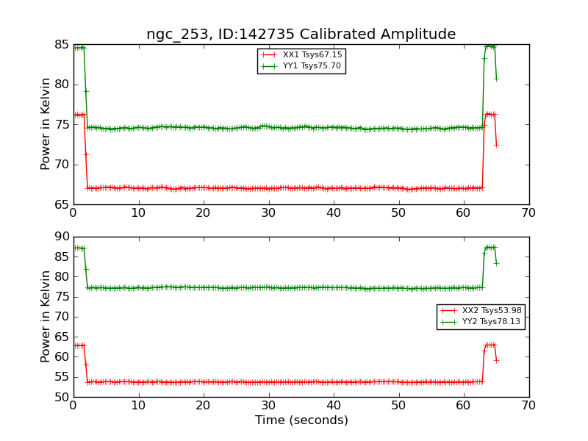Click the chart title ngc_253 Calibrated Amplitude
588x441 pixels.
[x=301, y=34]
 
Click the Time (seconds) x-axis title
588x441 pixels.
[x=301, y=420]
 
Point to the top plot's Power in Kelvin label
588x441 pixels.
[x=46, y=123]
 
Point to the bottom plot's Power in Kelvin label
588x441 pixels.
[x=46, y=316]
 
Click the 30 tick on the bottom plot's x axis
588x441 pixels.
[x=268, y=405]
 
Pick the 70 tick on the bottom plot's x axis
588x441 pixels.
[x=528, y=405]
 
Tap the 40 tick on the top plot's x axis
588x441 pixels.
[x=334, y=212]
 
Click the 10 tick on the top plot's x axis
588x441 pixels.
[x=138, y=212]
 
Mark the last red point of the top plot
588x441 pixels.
[x=496, y=145]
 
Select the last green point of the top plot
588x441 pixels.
[x=496, y=79]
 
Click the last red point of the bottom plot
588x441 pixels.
[x=496, y=360]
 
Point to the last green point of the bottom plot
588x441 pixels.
[x=496, y=263]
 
